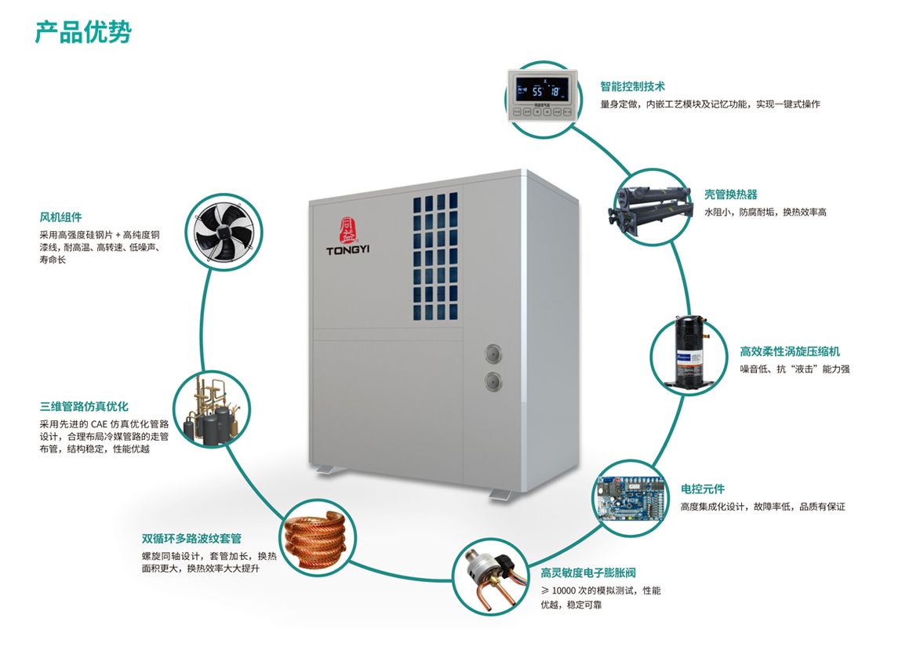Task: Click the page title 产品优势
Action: pos(83,31)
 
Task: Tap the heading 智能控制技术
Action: pos(632,87)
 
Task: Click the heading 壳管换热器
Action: pos(730,195)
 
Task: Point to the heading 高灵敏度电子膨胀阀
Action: pos(595,573)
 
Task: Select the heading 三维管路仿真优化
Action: pos(84,407)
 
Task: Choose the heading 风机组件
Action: pos(60,217)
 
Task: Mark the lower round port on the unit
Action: pos(492,382)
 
